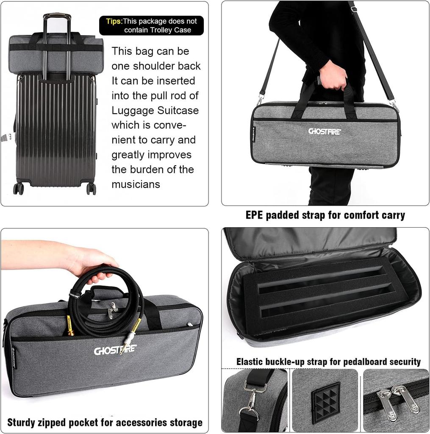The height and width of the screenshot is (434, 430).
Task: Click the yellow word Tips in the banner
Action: click(114, 21)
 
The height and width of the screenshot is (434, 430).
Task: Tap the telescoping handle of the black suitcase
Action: click(57, 17)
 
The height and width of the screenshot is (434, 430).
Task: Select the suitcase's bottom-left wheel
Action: click(18, 188)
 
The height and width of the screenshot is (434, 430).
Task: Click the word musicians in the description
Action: click(136, 184)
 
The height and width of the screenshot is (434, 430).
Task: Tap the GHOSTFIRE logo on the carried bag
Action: click(325, 131)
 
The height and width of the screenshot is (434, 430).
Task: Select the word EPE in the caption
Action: click(255, 215)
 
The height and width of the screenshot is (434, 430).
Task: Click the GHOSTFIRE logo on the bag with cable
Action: click(115, 351)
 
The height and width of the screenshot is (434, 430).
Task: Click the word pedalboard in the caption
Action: click(353, 362)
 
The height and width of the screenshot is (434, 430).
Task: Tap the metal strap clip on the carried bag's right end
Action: click(394, 104)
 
